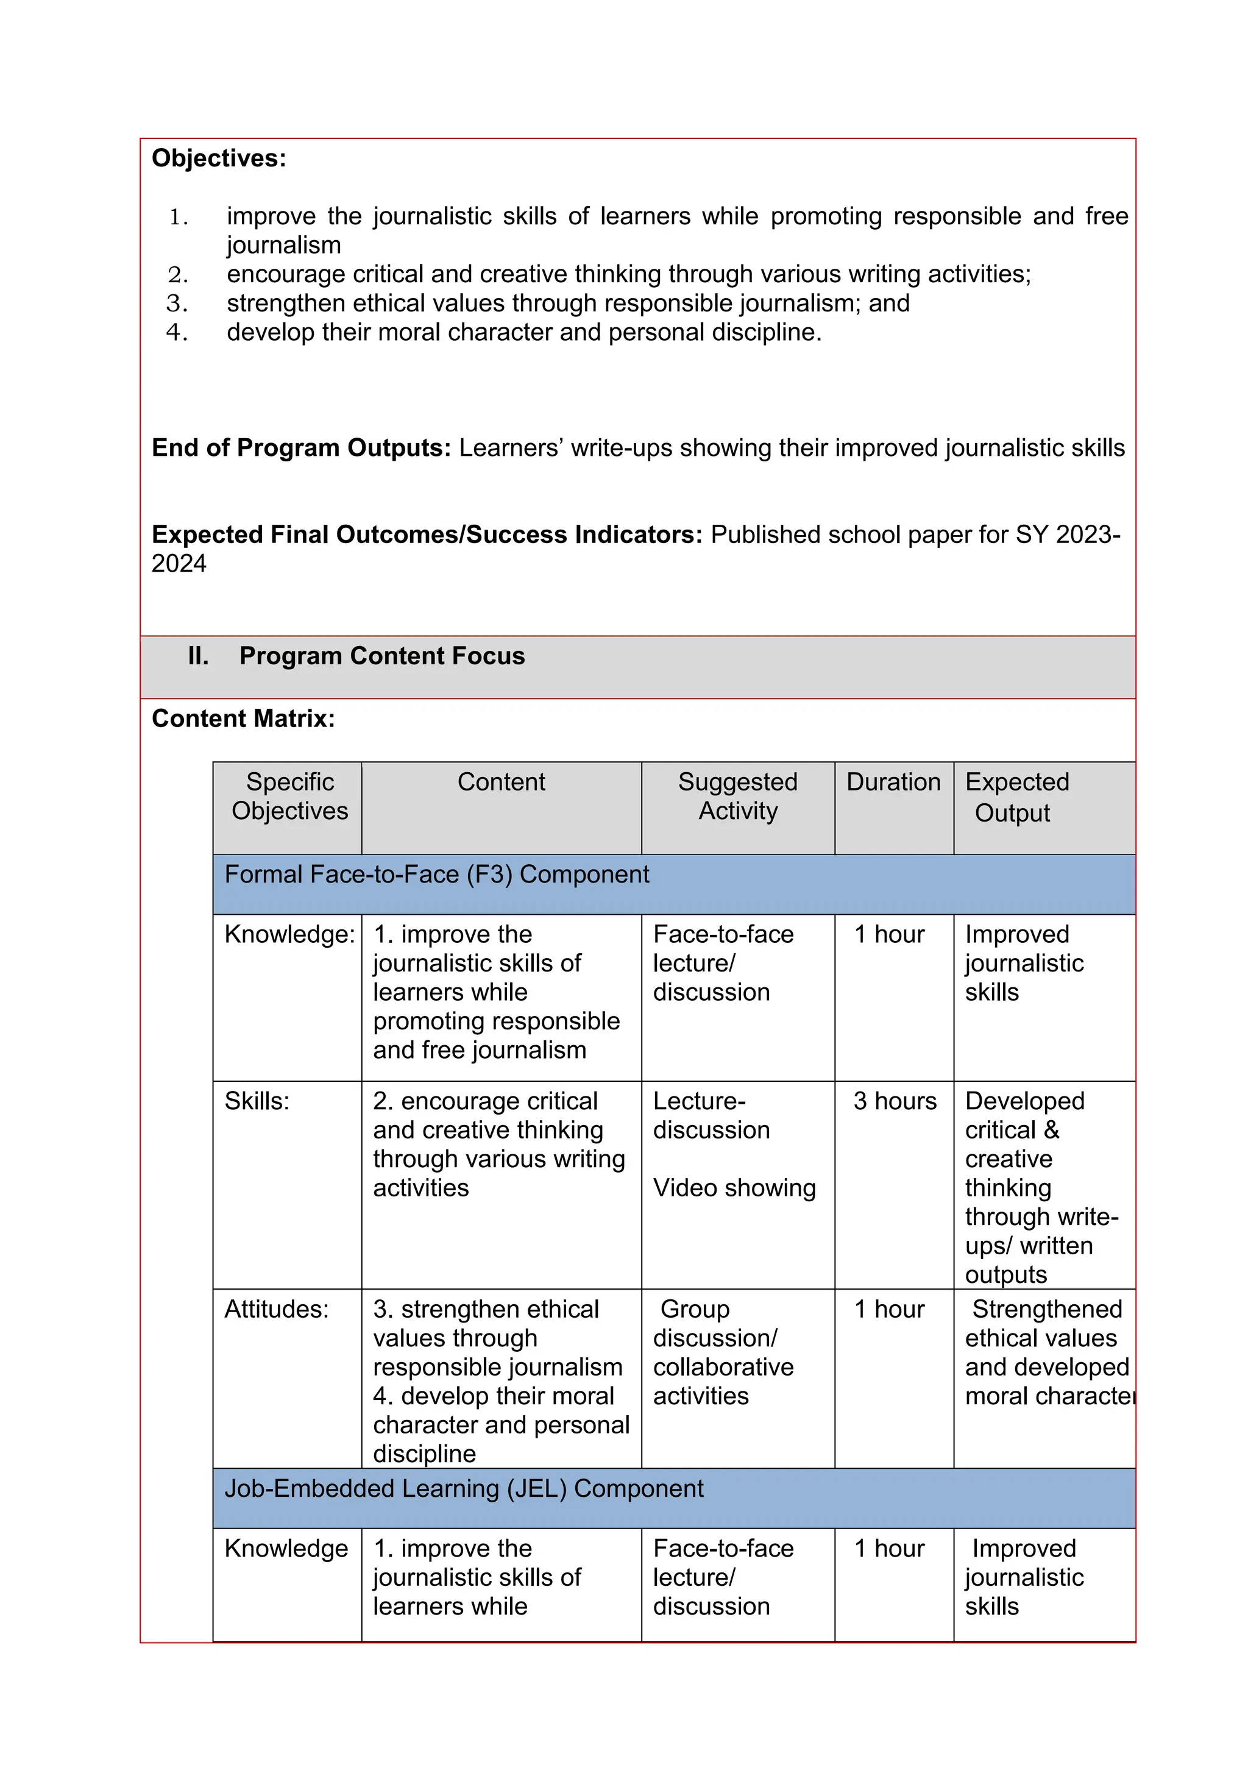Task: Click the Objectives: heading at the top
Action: click(218, 158)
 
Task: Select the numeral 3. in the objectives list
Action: click(177, 304)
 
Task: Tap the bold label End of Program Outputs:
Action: click(301, 448)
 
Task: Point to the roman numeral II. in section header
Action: click(198, 656)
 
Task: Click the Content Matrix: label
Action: click(243, 719)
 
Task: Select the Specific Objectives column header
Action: click(289, 797)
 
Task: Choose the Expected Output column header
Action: click(1016, 797)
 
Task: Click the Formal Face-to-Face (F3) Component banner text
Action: click(436, 875)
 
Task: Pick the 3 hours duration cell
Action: click(895, 1101)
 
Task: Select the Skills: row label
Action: click(257, 1101)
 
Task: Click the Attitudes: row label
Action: click(276, 1309)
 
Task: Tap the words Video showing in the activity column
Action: click(734, 1188)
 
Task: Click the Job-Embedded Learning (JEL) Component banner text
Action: click(463, 1489)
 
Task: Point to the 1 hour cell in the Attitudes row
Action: click(889, 1309)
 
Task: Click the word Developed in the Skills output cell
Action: click(1024, 1101)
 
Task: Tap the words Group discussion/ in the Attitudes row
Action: click(715, 1324)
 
